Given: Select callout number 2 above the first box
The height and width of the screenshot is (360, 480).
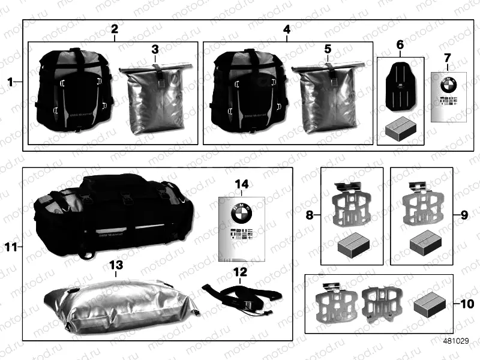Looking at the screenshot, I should click(x=114, y=29).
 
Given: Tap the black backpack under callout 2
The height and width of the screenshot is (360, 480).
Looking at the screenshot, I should click(x=74, y=93).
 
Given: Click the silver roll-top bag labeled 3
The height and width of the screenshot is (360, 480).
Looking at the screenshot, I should click(x=155, y=99).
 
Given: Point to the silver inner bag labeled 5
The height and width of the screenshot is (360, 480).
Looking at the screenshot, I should click(x=328, y=99).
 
